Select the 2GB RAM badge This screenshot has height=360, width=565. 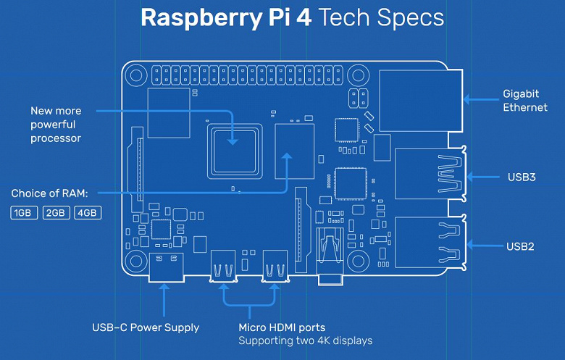point(56,213)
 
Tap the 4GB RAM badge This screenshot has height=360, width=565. point(88,213)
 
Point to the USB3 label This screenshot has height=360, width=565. point(522,177)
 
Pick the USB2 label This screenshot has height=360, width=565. point(521,246)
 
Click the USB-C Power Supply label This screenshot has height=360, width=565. point(146,327)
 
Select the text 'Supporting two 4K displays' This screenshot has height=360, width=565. point(305,340)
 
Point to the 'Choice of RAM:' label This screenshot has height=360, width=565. point(49,194)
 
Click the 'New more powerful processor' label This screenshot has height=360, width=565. point(56,124)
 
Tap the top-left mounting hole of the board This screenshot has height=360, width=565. point(135,75)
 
